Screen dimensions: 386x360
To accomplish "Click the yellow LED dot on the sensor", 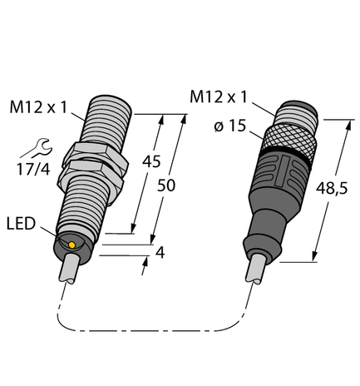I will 73,245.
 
